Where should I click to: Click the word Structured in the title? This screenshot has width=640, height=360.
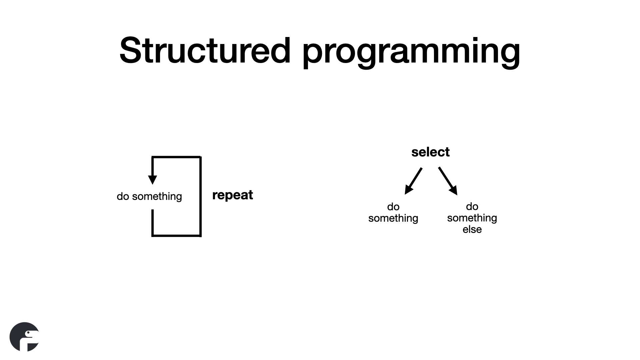click(x=205, y=50)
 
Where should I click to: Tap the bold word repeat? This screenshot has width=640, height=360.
click(x=233, y=195)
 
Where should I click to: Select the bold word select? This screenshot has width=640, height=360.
click(x=430, y=152)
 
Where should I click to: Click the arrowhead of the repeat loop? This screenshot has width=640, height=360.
click(x=152, y=180)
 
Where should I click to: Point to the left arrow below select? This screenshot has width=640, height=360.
click(x=413, y=181)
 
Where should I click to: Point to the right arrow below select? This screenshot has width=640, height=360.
click(x=448, y=181)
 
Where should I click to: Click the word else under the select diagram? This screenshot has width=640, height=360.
click(x=472, y=229)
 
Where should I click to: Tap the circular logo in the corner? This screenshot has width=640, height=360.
click(x=24, y=337)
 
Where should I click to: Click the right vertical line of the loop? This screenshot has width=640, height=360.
click(x=201, y=196)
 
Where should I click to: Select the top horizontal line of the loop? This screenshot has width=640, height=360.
click(x=176, y=157)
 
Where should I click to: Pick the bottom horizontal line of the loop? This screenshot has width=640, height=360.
click(x=176, y=236)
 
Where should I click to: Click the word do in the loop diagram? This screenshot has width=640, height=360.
click(x=123, y=196)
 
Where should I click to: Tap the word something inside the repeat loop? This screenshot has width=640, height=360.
click(x=157, y=197)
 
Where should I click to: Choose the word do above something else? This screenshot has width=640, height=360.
click(x=472, y=206)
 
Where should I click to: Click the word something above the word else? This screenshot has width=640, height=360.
click(x=472, y=218)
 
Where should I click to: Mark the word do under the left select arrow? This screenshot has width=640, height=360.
click(x=393, y=207)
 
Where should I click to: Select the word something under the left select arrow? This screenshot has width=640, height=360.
click(x=393, y=219)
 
